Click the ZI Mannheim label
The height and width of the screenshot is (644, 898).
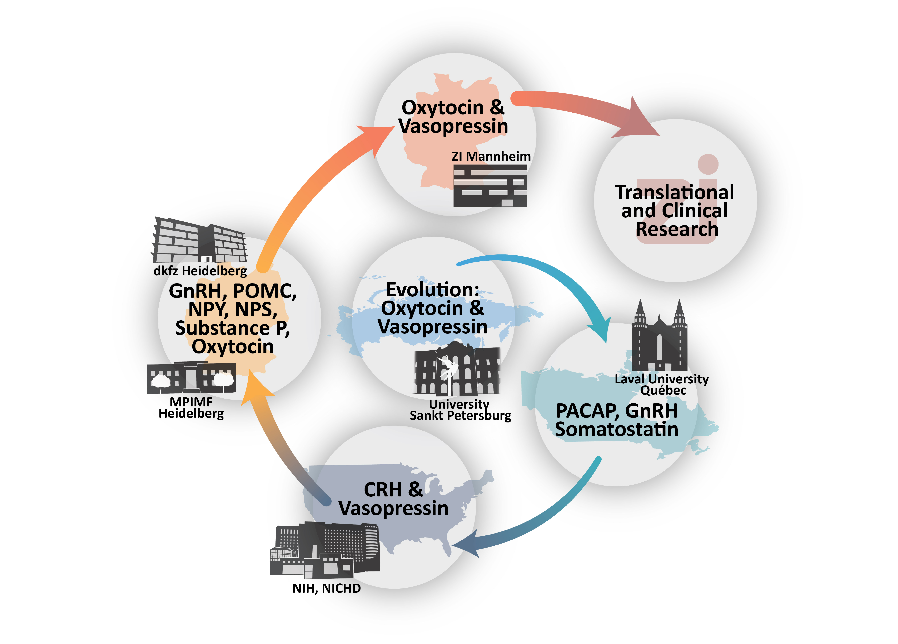pyautogui.click(x=491, y=156)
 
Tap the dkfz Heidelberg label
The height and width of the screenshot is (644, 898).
pyautogui.click(x=200, y=271)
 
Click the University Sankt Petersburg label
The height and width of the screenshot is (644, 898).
pyautogui.click(x=460, y=410)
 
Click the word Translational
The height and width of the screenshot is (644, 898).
pyautogui.click(x=674, y=192)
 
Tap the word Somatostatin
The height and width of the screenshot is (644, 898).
pyautogui.click(x=617, y=429)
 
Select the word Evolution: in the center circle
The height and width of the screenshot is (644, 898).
pyautogui.click(x=433, y=290)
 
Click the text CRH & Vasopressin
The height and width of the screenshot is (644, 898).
pyautogui.click(x=393, y=499)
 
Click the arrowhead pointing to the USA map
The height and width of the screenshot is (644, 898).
pyautogui.click(x=467, y=545)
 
